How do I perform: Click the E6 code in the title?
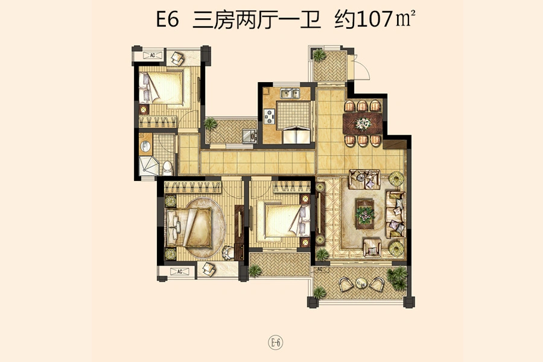click(168, 19)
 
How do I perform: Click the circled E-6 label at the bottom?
click(276, 343)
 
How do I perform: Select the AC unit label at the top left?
click(152, 55)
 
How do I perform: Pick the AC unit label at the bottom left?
click(180, 271)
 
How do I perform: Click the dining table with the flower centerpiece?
click(363, 124)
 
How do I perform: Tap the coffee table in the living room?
click(365, 214)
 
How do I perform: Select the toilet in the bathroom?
click(168, 168)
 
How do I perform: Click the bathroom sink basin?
click(145, 147)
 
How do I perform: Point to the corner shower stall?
click(148, 166)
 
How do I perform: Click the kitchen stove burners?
click(270, 116)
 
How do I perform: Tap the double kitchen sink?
click(290, 94)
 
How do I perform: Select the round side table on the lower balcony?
click(361, 284)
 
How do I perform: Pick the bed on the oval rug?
click(189, 227)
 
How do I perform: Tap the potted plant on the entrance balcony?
click(319, 55)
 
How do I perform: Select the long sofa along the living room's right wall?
click(395, 214)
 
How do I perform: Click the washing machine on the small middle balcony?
click(249, 136)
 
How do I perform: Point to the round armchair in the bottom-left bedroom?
click(229, 253)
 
